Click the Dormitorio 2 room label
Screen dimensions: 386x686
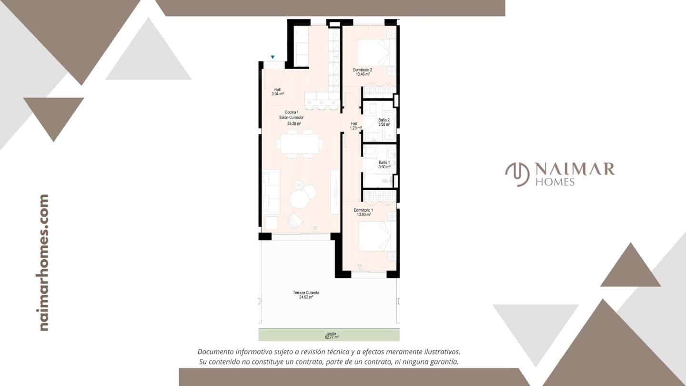point(363,72)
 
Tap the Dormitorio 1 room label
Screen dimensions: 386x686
point(363,212)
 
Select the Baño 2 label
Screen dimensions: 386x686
point(384,122)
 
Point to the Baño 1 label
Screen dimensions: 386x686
point(384,164)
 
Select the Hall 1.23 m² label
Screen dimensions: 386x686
point(355,125)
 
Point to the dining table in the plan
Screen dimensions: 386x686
point(300,143)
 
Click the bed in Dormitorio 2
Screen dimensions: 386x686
point(375,53)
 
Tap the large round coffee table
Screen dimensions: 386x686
point(300,199)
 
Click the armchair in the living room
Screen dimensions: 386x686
point(297,220)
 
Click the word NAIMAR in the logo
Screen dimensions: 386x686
point(574,169)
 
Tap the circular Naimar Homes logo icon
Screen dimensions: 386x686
point(517,174)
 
